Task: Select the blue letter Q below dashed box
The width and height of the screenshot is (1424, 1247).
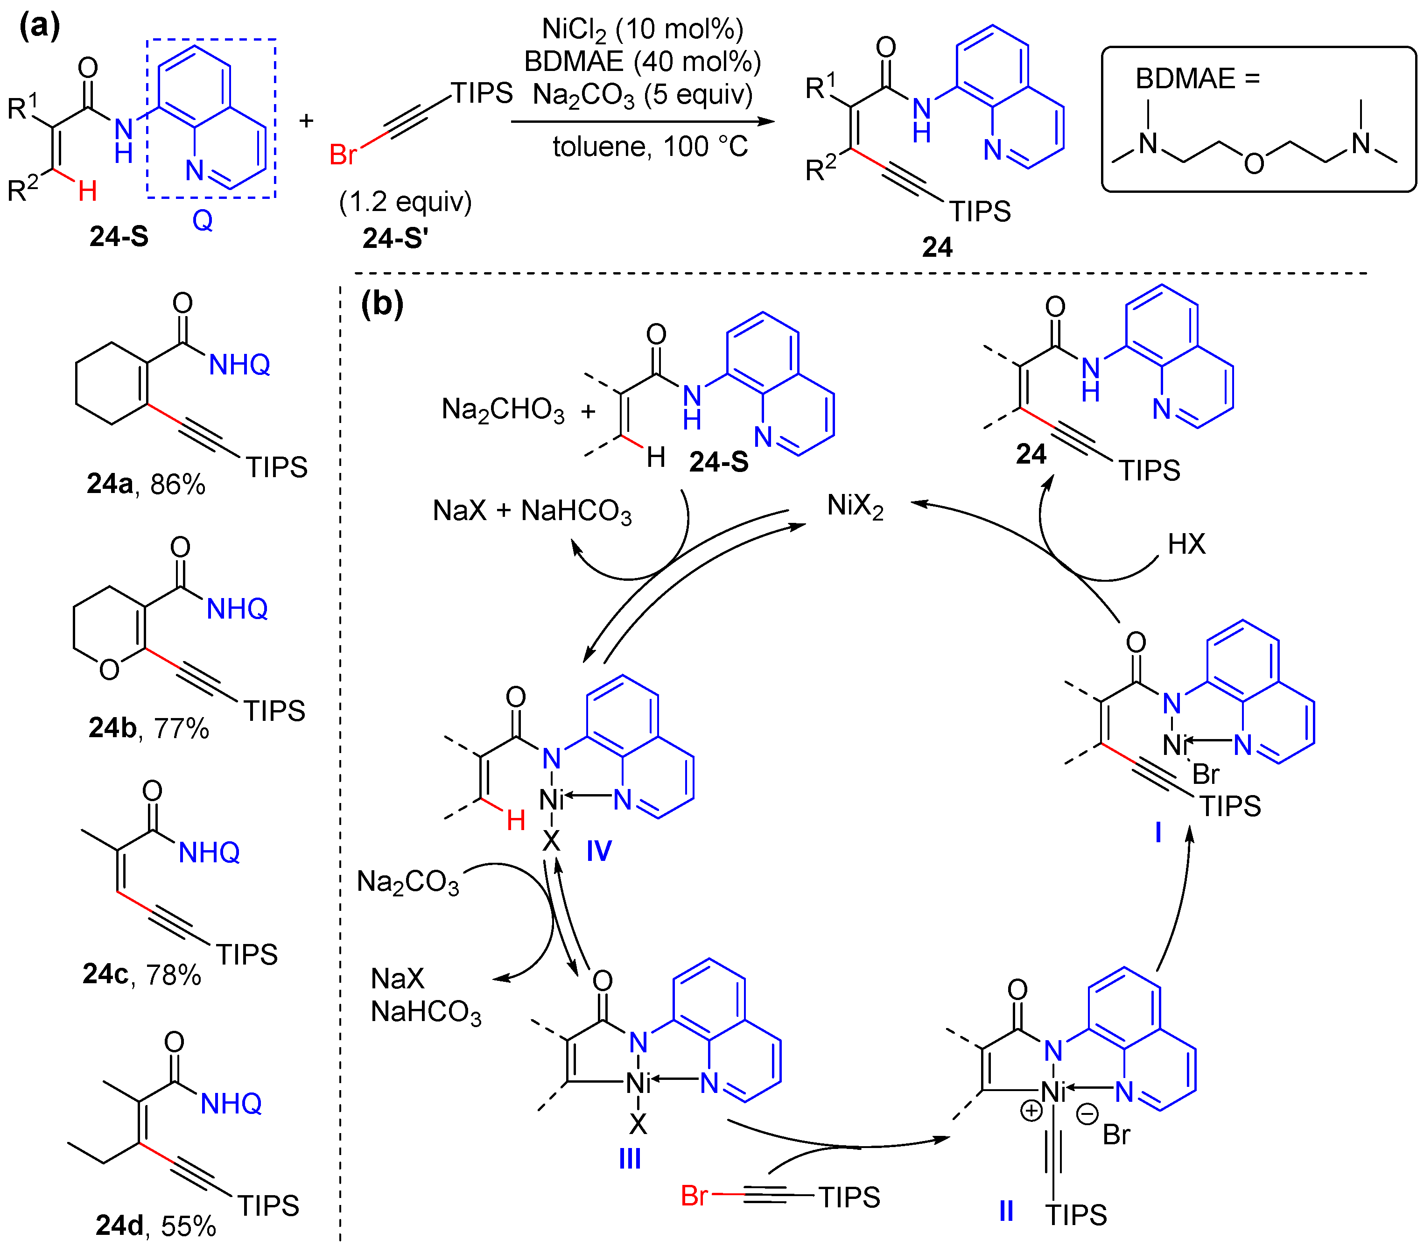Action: coord(203,220)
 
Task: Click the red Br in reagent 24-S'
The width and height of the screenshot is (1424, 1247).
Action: coord(343,155)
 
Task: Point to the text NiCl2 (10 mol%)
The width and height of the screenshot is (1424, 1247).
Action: coord(642,29)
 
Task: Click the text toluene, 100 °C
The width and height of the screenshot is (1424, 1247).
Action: coord(650,147)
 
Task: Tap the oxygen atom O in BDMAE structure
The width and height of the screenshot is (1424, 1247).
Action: coord(1254,164)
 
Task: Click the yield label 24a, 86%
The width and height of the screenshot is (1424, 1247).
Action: coord(146,484)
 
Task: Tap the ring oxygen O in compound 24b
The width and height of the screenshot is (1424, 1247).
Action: coord(109,669)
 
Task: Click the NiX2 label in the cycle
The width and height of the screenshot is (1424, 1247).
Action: coord(855,506)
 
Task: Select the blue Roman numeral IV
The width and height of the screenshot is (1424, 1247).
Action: coord(599,850)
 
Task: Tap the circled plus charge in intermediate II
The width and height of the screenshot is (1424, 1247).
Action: coord(1031,1111)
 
